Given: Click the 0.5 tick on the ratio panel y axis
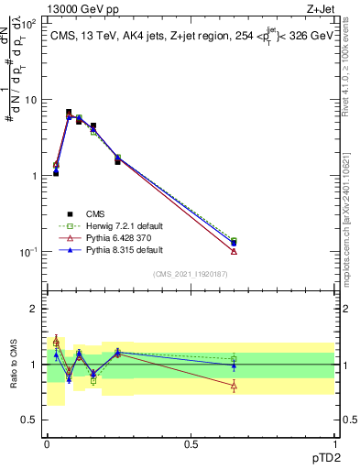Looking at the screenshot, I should click(29, 420).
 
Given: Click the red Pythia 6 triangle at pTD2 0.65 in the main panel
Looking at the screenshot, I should click(234, 251).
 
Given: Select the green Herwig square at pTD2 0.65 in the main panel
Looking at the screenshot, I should click(234, 240).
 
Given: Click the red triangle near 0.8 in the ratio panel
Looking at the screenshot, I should click(234, 386).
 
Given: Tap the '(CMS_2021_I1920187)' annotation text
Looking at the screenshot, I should click(190, 274).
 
